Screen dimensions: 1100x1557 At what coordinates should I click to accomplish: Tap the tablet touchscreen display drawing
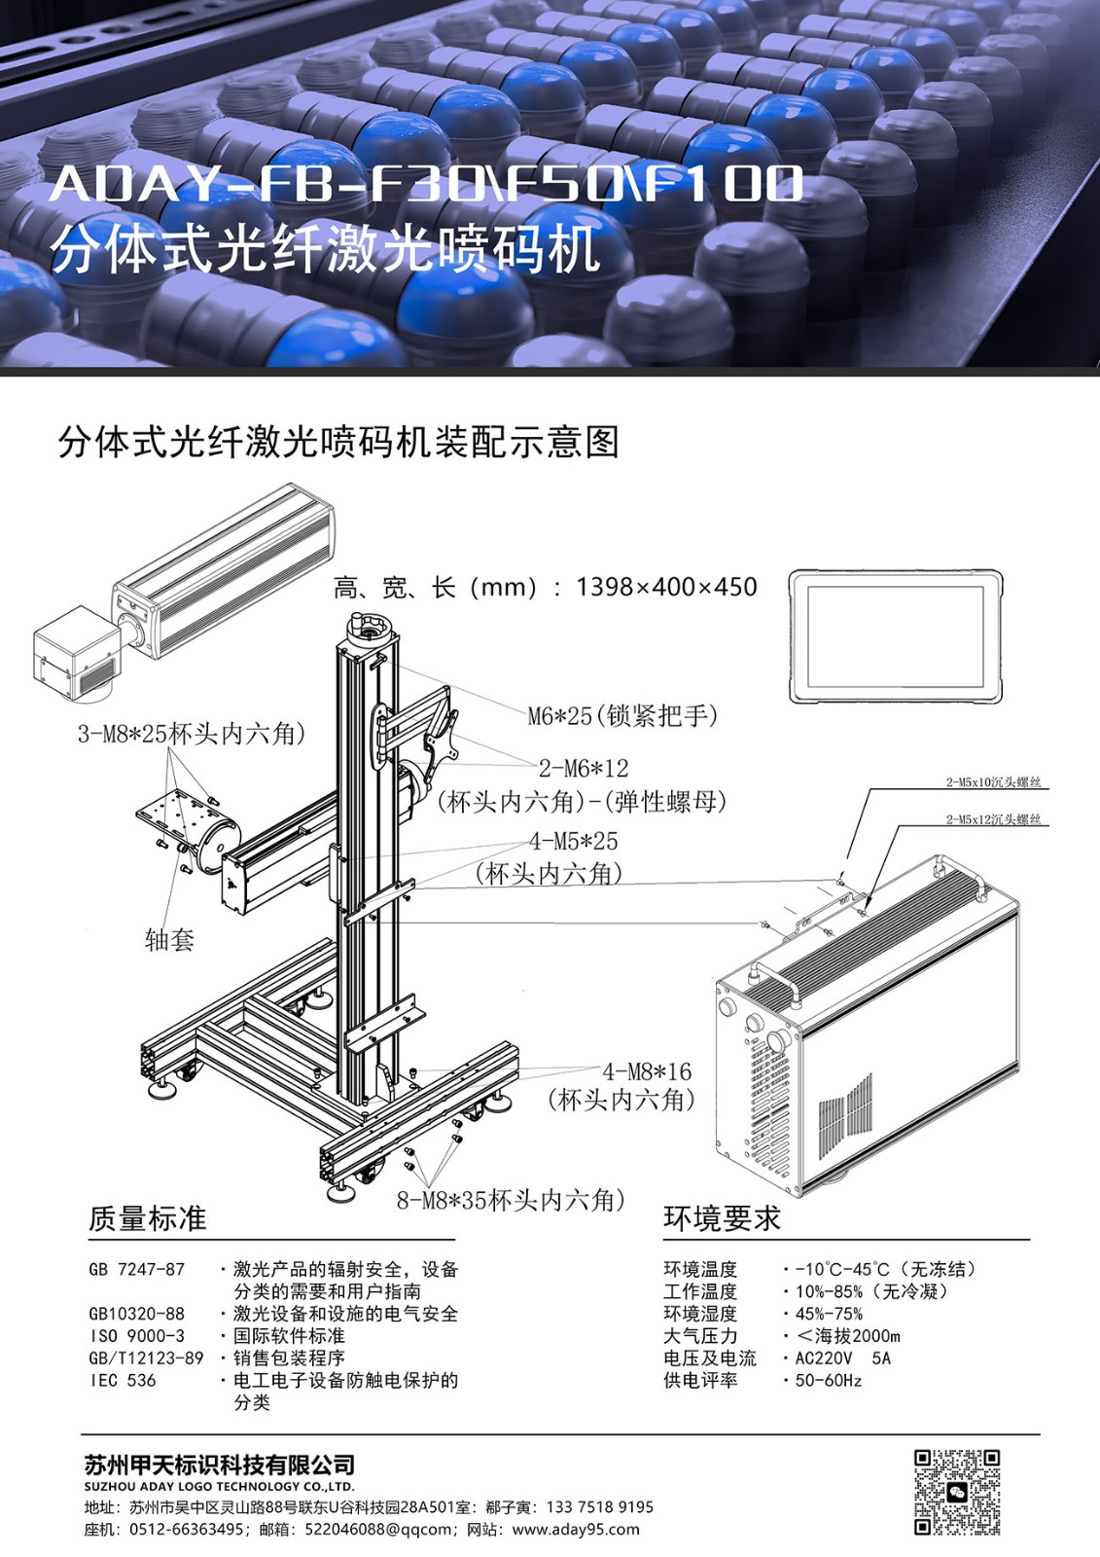click(x=897, y=636)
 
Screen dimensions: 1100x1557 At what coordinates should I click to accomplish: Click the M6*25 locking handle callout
click(x=622, y=715)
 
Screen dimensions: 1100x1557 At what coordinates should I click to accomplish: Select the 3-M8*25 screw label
click(x=192, y=734)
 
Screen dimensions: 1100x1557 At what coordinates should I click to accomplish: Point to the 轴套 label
click(x=169, y=940)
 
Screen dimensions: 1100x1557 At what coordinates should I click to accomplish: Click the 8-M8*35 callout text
click(x=511, y=1200)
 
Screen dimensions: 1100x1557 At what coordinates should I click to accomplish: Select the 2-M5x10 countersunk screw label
click(x=994, y=782)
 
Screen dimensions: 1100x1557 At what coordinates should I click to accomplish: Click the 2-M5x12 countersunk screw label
click(x=994, y=819)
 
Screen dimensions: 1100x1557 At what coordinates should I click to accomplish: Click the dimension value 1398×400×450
click(x=666, y=588)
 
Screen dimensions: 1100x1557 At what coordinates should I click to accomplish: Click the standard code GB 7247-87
click(x=137, y=1269)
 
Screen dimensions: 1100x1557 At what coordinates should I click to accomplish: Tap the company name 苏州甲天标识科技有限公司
click(x=220, y=1466)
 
